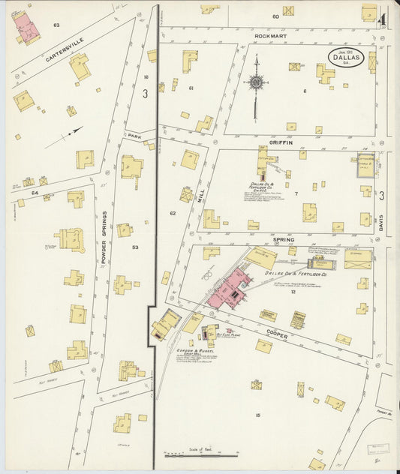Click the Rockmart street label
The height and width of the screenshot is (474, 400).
click(x=271, y=35)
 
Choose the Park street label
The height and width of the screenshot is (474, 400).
click(x=134, y=136)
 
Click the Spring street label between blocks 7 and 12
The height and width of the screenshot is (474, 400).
click(x=283, y=239)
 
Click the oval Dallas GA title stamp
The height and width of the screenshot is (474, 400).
click(x=346, y=58)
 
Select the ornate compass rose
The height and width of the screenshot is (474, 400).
click(x=256, y=82)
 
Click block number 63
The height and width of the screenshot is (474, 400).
click(x=56, y=25)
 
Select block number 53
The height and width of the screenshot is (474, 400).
click(x=135, y=247)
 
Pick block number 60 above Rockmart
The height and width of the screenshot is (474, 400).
click(x=275, y=16)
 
